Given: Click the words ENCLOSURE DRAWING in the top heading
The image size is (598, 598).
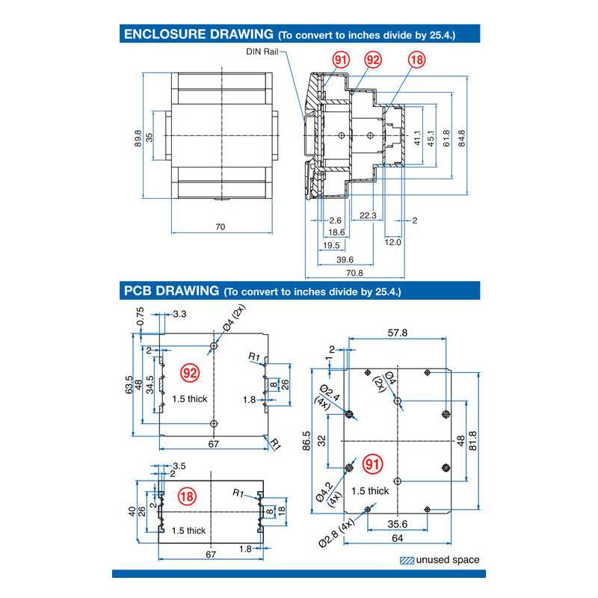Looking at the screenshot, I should coord(198,34).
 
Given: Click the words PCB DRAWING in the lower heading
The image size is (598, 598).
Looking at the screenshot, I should coord(170,290).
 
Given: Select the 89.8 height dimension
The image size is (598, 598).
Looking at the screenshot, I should coord(138,138).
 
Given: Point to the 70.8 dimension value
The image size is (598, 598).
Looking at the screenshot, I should coord(355,273).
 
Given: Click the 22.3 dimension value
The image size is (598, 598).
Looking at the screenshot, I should coord(367,215).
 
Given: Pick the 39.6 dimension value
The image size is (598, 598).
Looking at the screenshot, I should coord(345,259).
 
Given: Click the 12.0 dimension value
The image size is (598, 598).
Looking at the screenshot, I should coord(393,241).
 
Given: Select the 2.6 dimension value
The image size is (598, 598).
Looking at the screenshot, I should coord(335,221).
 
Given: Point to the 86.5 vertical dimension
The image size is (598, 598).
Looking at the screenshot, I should coord(306,441).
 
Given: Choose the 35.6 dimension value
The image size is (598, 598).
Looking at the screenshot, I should coord(398,524).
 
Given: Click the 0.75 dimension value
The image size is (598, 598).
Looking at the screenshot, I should coord(141,318).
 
